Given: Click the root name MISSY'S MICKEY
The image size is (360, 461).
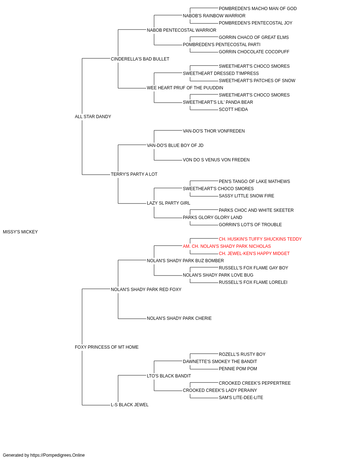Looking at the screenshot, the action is [x=21, y=232].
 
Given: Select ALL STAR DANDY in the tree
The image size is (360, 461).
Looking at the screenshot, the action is [x=93, y=117].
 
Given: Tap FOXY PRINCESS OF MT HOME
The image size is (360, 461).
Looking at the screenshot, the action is [x=107, y=347].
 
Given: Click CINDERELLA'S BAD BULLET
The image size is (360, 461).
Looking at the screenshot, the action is [x=140, y=59].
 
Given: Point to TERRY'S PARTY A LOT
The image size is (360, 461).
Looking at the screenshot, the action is [x=134, y=174].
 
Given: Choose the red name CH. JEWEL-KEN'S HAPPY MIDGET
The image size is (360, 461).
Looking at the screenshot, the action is [x=254, y=254].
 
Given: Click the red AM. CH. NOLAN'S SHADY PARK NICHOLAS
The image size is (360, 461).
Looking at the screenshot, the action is [x=227, y=246].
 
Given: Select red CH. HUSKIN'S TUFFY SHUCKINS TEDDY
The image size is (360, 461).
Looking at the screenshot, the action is [x=260, y=239].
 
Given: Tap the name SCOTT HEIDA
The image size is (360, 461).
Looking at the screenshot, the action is [x=233, y=109].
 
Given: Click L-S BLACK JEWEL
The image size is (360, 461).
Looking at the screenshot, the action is [x=130, y=405].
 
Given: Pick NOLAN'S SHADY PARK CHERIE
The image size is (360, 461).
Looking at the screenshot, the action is [x=179, y=318].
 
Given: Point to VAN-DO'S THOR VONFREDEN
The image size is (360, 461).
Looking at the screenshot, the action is [x=214, y=131].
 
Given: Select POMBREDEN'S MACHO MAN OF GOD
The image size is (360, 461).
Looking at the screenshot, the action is [x=258, y=9].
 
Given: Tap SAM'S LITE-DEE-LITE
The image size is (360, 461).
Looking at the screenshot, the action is [x=241, y=398].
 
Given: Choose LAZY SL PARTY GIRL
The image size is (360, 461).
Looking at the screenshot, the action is [x=168, y=203].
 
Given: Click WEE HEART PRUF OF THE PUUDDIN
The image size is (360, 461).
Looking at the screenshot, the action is [x=185, y=88].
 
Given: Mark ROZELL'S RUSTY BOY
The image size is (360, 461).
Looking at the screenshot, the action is [x=242, y=354].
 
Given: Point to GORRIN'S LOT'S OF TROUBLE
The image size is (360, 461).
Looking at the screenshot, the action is [x=250, y=225].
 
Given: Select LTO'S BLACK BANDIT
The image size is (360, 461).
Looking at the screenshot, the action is [x=169, y=376].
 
